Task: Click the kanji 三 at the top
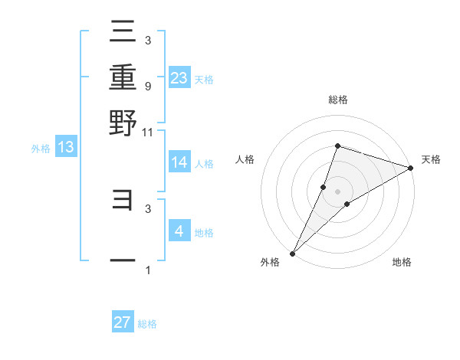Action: pyautogui.click(x=123, y=32)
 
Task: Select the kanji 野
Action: pyautogui.click(x=123, y=122)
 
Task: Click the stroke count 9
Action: pyautogui.click(x=147, y=86)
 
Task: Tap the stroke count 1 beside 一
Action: pyautogui.click(x=147, y=270)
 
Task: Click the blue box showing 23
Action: pyautogui.click(x=179, y=77)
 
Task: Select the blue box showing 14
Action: pyautogui.click(x=179, y=162)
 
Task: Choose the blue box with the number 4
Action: pyautogui.click(x=179, y=231)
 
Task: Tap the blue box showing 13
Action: pyautogui.click(x=65, y=147)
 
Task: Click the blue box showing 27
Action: pyautogui.click(x=123, y=322)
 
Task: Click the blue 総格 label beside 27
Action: pyautogui.click(x=147, y=324)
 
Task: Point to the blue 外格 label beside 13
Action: pyautogui.click(x=40, y=149)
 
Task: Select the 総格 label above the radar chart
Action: pyautogui.click(x=338, y=100)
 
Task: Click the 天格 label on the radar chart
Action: pyautogui.click(x=431, y=159)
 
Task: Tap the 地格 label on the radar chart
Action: pyautogui.click(x=402, y=262)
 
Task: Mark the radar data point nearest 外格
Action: pyautogui.click(x=292, y=253)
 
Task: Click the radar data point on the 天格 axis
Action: pyautogui.click(x=410, y=169)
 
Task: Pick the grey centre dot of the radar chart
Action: pyautogui.click(x=338, y=191)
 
